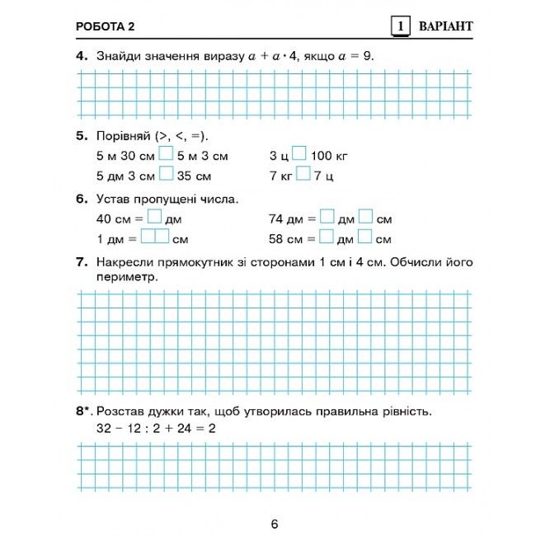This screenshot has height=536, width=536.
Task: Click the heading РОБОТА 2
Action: pyautogui.click(x=105, y=26)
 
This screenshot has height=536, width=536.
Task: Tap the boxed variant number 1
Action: pyautogui.click(x=400, y=26)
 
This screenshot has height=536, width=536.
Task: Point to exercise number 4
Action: pyautogui.click(x=81, y=57)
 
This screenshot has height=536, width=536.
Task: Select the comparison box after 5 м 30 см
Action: pyautogui.click(x=166, y=154)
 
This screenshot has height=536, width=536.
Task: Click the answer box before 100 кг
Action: pyautogui.click(x=299, y=154)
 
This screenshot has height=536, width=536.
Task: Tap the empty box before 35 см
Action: pyautogui.click(x=166, y=174)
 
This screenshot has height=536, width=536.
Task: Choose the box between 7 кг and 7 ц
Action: pyautogui.click(x=303, y=174)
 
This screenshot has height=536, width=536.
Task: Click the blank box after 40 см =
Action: pyautogui.click(x=154, y=219)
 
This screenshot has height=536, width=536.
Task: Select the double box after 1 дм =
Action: pyautogui.click(x=154, y=238)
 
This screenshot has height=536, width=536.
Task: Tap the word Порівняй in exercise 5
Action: pyautogui.click(x=123, y=135)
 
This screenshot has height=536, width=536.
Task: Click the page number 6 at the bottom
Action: pyautogui.click(x=275, y=524)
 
